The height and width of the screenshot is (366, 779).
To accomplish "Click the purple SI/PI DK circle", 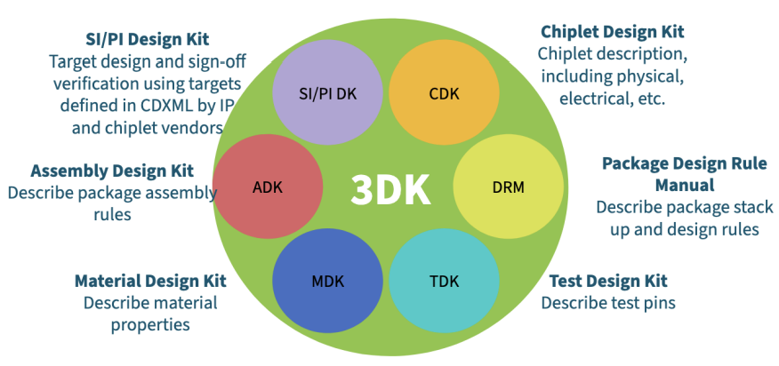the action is click(x=328, y=92).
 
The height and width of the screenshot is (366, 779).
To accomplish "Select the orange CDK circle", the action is click(x=444, y=92).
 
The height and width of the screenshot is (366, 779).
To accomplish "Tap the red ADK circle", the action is click(x=268, y=187).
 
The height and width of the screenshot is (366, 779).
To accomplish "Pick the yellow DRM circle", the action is click(x=509, y=187).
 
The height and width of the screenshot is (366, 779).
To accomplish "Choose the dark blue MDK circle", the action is click(x=328, y=281).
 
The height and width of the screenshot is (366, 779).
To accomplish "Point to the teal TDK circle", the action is click(x=444, y=281).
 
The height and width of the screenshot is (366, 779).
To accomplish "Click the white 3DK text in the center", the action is click(x=390, y=190).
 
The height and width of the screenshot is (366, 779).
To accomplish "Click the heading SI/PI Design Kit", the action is click(x=148, y=39).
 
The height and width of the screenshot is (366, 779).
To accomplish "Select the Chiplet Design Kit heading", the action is click(x=613, y=32).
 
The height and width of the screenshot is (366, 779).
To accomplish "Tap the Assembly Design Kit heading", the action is click(x=112, y=171).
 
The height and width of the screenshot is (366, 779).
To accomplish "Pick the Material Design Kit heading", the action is click(x=150, y=281).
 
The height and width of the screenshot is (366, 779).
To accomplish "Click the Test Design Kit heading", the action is click(x=608, y=281).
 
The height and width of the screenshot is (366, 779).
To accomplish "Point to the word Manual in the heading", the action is click(x=685, y=186).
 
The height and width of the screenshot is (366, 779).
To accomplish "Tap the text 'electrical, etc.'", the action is click(x=612, y=99).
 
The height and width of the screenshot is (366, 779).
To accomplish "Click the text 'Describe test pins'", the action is click(x=608, y=302).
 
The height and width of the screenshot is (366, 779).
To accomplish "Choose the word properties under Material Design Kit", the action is click(x=150, y=325).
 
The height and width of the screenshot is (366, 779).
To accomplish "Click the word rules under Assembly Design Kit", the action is click(x=112, y=214).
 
